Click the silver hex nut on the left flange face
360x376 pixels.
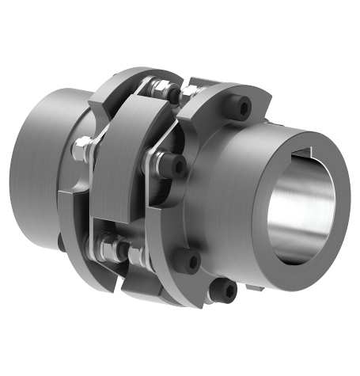pos(81,146)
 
